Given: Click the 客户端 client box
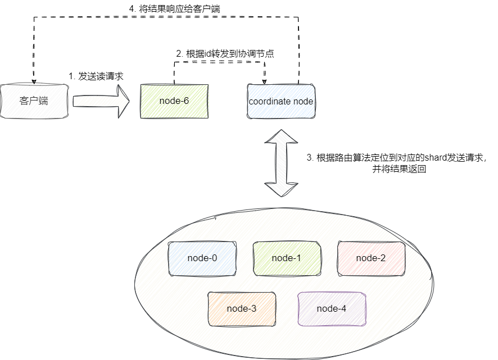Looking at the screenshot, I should [34, 101].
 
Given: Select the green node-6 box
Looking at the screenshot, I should [174, 101].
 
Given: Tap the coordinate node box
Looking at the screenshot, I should [281, 101].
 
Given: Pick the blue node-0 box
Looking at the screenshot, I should [202, 258].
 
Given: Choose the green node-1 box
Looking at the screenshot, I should [287, 258].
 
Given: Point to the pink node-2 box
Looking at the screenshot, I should [371, 258].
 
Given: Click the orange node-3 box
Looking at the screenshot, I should [242, 308].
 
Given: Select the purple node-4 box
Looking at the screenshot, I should [332, 308].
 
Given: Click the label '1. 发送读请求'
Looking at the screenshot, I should [96, 76].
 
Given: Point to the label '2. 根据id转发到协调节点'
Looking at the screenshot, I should [225, 54].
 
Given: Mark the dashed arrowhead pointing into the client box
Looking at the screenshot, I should [34, 81].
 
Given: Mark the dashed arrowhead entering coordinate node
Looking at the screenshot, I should [264, 81].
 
